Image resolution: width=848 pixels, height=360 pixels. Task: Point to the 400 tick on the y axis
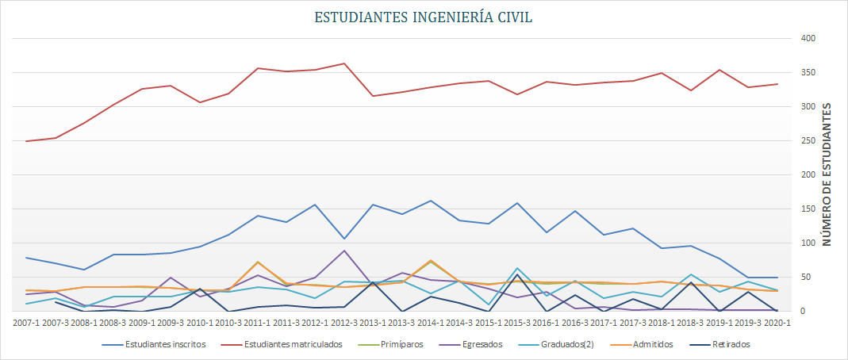pyautogui.click(x=808, y=39)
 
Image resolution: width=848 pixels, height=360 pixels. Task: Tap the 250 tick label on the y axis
pyautogui.click(x=808, y=141)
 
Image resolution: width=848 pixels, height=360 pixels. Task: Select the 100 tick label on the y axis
pyautogui.click(x=808, y=243)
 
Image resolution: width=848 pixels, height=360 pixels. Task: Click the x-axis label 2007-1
pyautogui.click(x=27, y=323)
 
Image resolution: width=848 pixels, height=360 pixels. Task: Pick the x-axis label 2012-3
pyautogui.click(x=343, y=323)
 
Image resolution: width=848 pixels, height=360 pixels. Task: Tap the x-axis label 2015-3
pyautogui.click(x=516, y=323)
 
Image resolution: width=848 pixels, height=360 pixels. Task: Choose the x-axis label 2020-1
pyautogui.click(x=777, y=323)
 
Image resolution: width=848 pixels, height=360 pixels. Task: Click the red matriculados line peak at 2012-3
pyautogui.click(x=343, y=63)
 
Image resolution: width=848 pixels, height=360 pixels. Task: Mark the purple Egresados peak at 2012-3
pyautogui.click(x=343, y=251)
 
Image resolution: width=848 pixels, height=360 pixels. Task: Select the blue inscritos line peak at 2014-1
pyautogui.click(x=430, y=201)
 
